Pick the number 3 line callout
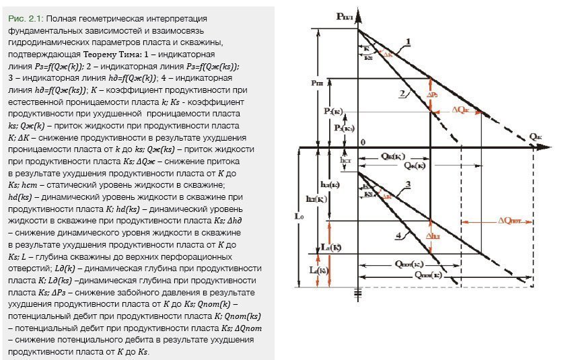(409, 184)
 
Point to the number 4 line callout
(399, 235)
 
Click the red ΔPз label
(434, 95)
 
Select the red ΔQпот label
(513, 220)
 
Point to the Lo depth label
(301, 217)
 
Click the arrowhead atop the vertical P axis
(357, 9)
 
